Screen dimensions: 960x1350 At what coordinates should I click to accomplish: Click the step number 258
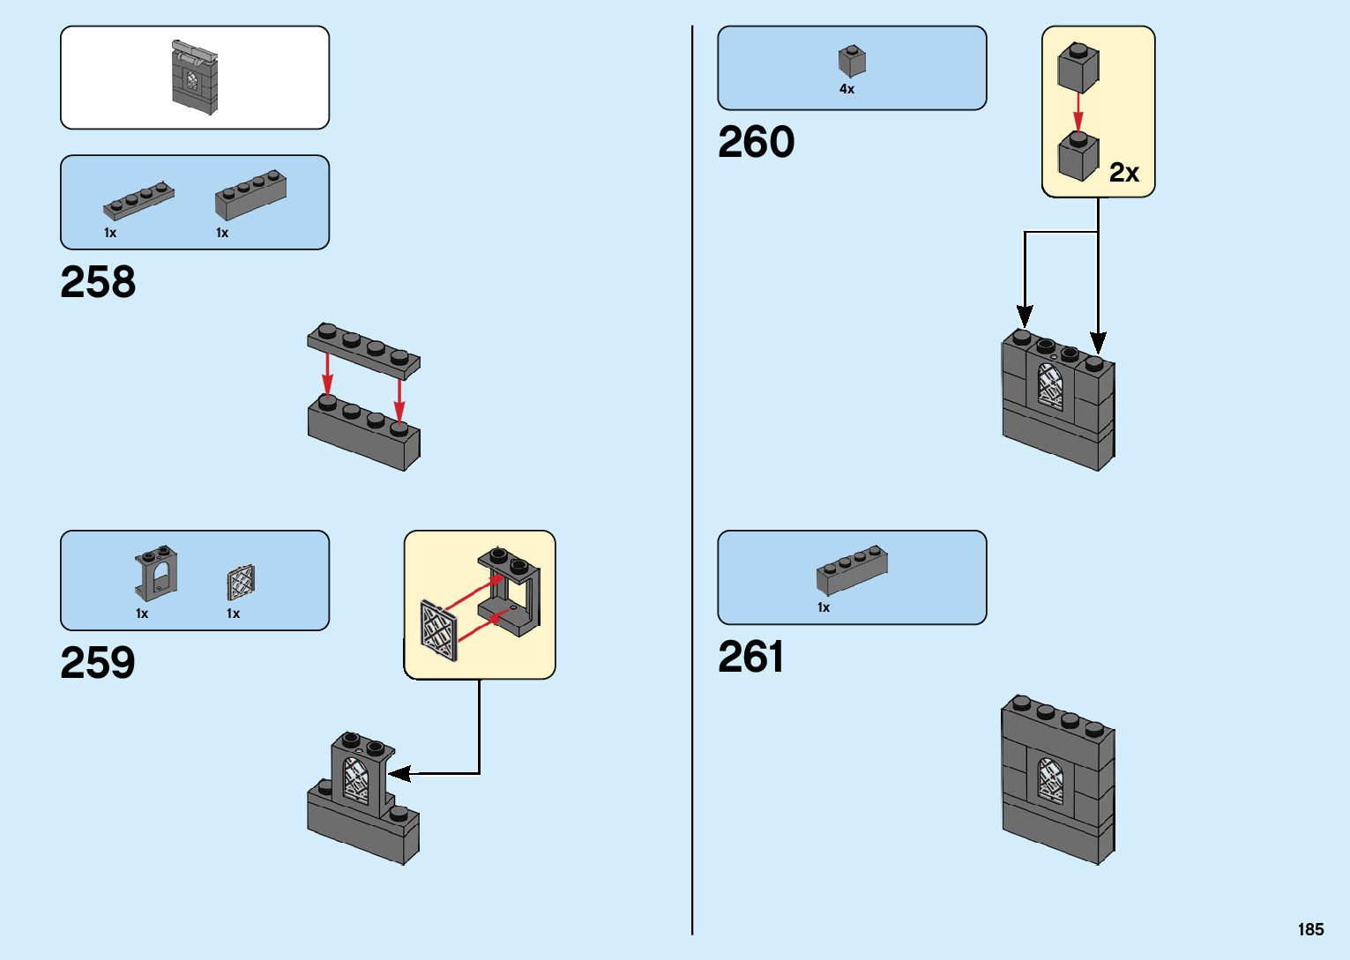coord(98,282)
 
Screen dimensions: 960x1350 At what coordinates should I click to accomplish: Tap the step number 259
coord(98,663)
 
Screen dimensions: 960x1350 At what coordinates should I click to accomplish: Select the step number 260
coord(756,142)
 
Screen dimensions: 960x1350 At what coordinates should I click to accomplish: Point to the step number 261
coord(750,657)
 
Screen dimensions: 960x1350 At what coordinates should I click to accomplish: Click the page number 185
coord(1310,929)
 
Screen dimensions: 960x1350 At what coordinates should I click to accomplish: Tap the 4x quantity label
coord(847,89)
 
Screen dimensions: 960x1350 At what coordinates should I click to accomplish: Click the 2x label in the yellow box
coord(1123,172)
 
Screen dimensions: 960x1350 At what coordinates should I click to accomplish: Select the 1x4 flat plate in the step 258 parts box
coord(138,201)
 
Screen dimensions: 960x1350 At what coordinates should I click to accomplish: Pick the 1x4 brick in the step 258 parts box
coord(250,195)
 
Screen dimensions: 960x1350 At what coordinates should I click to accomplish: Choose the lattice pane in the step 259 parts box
coord(241,582)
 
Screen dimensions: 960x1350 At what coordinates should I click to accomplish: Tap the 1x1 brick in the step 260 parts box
coord(851,61)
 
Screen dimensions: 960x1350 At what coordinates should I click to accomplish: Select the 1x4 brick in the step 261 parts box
coord(852,569)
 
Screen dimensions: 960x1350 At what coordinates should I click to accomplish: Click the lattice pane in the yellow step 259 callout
coord(439,629)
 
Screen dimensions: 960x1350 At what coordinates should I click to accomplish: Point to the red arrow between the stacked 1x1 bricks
coord(1078,112)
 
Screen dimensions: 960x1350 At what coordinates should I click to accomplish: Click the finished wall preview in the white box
coord(194,77)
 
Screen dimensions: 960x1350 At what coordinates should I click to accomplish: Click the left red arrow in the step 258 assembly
coord(327,374)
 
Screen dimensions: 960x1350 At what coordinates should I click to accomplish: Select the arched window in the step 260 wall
coord(1049,386)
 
